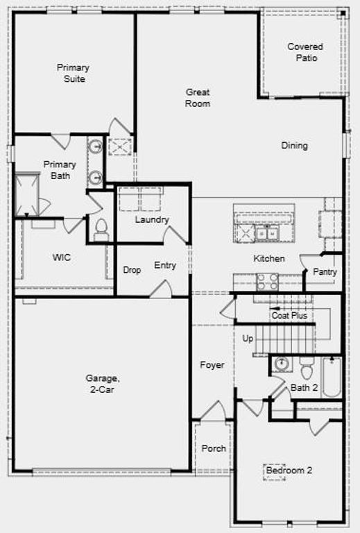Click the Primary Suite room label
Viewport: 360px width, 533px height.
[x=73, y=73]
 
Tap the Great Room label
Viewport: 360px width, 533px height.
[x=198, y=98]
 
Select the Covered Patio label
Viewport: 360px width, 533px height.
[x=305, y=52]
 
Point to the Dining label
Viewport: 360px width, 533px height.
[x=294, y=146]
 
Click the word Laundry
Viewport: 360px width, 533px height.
[x=152, y=220]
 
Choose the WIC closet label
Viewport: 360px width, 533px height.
[x=62, y=257]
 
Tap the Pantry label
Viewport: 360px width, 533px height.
[x=325, y=272]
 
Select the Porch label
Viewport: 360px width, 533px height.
[x=214, y=448]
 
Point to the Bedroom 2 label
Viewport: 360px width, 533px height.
[x=289, y=471]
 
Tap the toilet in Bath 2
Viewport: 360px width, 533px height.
[x=306, y=368]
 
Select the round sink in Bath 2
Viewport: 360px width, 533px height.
[x=282, y=364]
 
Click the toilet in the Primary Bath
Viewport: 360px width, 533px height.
[x=101, y=228]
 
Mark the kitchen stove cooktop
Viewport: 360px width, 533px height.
[x=268, y=281]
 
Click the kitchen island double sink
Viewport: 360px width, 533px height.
[x=267, y=234]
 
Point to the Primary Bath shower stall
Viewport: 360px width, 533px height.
[x=28, y=194]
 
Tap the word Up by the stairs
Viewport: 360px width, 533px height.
[x=248, y=339]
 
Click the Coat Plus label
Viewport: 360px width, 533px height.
[x=289, y=316]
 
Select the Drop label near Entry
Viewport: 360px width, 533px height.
[x=132, y=270]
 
